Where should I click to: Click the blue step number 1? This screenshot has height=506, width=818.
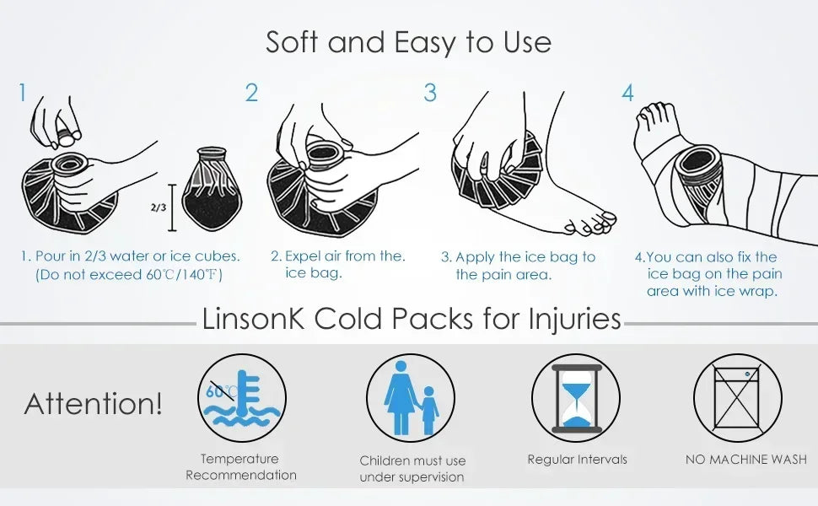click(x=22, y=92)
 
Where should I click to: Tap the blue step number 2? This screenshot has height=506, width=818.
click(x=251, y=92)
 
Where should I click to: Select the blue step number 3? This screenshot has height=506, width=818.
click(x=430, y=92)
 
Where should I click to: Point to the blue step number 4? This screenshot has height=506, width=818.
click(x=627, y=93)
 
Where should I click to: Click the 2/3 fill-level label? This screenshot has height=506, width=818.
click(x=159, y=207)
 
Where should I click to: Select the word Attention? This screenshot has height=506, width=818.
click(x=93, y=404)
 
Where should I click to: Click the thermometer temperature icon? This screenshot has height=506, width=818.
click(x=241, y=398)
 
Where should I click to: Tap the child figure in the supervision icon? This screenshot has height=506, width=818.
click(x=429, y=411)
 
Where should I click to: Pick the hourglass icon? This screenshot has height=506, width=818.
click(x=577, y=399)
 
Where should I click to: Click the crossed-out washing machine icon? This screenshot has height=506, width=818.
click(x=737, y=397)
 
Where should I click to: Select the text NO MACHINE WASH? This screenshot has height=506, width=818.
click(x=746, y=460)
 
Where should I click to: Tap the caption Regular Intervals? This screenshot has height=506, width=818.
click(x=577, y=460)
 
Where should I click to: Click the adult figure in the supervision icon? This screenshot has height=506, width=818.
click(x=400, y=397)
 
